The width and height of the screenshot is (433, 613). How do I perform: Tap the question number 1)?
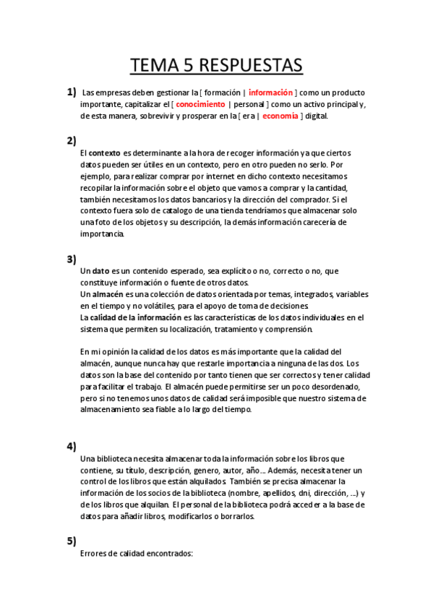click(x=71, y=92)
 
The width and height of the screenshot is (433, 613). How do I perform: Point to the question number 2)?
click(x=71, y=140)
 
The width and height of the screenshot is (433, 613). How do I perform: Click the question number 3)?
click(x=71, y=259)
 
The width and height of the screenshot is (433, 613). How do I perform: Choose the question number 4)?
click(x=71, y=445)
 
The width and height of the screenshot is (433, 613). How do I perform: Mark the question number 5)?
click(x=71, y=540)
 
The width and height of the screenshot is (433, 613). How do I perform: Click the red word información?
click(x=271, y=93)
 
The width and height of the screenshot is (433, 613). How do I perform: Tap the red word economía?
click(x=280, y=116)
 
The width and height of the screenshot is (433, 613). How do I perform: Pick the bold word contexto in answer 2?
click(x=105, y=153)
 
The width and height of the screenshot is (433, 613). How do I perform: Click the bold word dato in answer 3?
click(x=101, y=271)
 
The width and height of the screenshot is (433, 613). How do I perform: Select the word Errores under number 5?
click(x=95, y=554)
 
